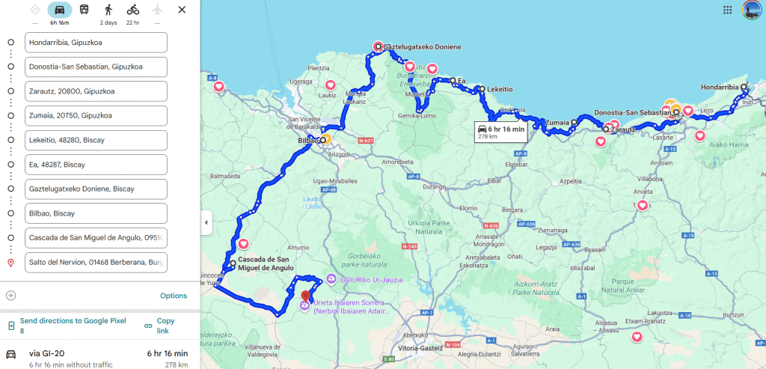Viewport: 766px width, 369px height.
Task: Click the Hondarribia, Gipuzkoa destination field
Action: (95, 43)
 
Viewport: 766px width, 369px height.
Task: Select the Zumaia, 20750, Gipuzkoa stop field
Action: (95, 116)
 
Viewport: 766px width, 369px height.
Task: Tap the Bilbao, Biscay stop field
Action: (95, 213)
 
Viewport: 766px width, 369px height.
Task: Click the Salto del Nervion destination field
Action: (95, 262)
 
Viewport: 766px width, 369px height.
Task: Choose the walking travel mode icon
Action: (108, 10)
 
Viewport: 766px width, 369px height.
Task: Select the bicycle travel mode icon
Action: (132, 10)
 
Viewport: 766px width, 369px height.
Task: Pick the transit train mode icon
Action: (85, 10)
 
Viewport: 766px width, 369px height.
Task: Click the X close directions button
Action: (182, 10)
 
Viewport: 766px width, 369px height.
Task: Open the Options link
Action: (174, 296)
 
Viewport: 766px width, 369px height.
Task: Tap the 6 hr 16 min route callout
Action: (503, 132)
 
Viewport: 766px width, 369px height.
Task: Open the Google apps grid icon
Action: (727, 10)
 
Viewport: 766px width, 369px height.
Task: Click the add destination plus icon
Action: (10, 296)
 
